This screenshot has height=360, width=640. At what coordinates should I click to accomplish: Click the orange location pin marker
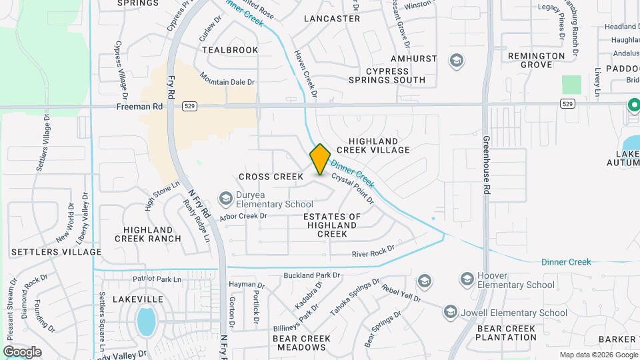point(320,159)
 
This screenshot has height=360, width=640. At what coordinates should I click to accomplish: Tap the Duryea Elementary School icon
point(226,199)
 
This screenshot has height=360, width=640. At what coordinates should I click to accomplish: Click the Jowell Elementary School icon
point(451,312)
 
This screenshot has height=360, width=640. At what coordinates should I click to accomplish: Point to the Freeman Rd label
point(139,106)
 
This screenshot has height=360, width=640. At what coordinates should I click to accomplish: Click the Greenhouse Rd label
point(487,165)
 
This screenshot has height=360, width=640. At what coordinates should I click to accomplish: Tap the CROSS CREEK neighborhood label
point(271,177)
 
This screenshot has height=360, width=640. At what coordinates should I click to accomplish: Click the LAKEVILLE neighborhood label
point(138,300)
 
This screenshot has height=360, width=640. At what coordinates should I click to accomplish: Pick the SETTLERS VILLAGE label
point(57,252)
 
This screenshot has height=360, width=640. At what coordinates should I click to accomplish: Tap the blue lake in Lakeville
point(146,321)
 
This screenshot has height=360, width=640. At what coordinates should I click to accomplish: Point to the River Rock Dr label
point(373,251)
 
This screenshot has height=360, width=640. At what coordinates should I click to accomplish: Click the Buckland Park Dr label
point(312,275)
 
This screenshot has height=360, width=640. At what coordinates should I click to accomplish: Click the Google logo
point(22,352)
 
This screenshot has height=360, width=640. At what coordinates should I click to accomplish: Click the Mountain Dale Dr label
point(227,82)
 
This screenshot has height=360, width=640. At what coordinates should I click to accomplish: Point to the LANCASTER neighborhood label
point(332,19)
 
